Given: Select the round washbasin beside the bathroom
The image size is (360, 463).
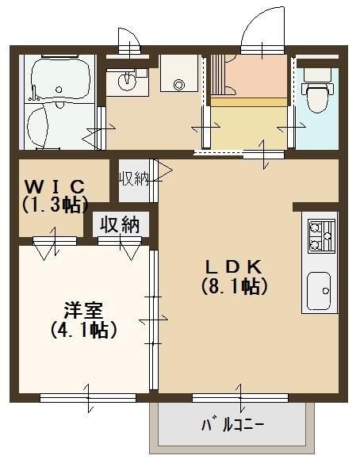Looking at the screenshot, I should [127, 79].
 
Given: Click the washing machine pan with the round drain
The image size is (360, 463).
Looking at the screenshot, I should [177, 80].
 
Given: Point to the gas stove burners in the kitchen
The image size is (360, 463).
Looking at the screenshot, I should [321, 234].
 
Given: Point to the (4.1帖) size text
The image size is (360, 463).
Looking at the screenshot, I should [83, 329].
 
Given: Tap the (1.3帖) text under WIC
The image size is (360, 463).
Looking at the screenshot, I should [54, 205].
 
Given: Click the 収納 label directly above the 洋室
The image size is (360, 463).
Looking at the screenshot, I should [120, 224].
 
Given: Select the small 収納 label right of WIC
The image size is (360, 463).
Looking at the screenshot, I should [134, 178].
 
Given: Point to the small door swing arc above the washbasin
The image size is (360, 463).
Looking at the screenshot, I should [130, 40].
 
